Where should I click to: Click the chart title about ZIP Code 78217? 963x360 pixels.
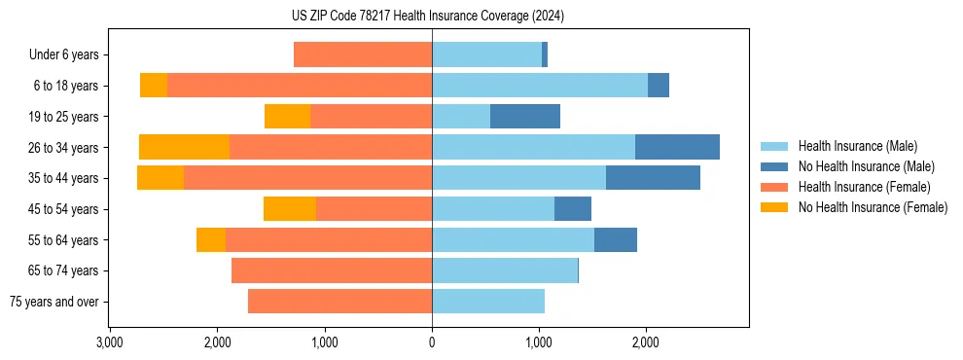coord(428,17)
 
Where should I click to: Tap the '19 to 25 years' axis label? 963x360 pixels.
coord(65,117)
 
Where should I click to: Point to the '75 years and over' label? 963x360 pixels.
coord(54,302)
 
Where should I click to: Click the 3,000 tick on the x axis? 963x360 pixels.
coord(110,342)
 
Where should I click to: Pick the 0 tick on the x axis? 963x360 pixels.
coord(432,342)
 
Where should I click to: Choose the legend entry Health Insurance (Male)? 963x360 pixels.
coord(857,146)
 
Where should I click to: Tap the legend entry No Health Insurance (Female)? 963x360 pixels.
coord(872,207)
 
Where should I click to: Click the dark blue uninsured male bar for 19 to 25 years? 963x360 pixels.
coord(525,117)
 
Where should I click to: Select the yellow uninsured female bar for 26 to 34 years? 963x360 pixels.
coord(184,147)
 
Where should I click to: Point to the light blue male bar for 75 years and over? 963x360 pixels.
coord(488,302)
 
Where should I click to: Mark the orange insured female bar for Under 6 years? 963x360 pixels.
coord(363,55)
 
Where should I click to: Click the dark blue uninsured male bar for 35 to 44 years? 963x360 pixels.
coord(653,178)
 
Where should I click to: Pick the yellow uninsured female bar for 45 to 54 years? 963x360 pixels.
coord(290,209)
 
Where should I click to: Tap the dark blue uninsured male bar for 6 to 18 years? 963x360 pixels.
coord(659,86)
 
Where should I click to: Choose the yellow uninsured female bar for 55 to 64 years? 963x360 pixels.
coord(211,239)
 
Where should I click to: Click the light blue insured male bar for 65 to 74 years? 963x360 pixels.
coord(505,270)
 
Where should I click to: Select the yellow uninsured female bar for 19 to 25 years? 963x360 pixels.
coord(287,117)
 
